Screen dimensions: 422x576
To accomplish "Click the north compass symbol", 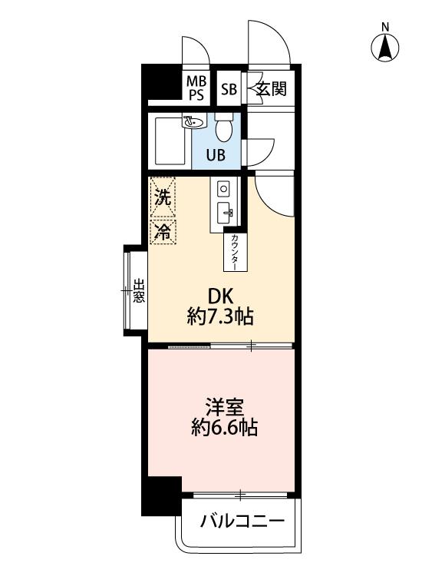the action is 385,44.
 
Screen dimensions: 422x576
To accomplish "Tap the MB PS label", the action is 196,88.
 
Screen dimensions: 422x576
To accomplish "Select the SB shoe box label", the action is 229,89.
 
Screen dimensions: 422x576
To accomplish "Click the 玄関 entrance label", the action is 271,88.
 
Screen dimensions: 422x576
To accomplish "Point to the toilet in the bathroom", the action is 223,127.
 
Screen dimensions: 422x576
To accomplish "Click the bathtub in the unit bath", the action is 170,141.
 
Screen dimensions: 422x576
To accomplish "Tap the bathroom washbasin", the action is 193,121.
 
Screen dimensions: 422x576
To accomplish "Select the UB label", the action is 216,155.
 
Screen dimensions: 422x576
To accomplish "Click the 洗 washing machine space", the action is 163,198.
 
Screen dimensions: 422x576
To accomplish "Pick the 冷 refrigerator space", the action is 163,231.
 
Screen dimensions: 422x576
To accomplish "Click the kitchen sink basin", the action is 223,213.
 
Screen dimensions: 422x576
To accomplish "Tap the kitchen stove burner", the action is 223,189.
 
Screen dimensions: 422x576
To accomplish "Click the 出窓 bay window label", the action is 139,291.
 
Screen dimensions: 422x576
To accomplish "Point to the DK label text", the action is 220,296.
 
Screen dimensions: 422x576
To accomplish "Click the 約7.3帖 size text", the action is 220,316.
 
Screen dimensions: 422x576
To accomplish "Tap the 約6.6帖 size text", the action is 224,427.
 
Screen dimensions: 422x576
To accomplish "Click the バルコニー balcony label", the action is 242,521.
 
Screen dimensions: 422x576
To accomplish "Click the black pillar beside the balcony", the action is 161,496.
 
